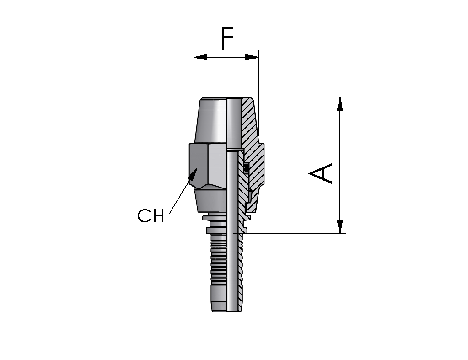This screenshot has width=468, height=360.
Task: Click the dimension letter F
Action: (227, 38)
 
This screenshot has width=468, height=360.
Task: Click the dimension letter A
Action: (320, 173)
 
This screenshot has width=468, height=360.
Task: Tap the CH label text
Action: (151, 216)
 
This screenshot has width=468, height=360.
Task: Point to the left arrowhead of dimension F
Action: (200, 57)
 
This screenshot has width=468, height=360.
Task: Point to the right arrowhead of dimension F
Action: (252, 57)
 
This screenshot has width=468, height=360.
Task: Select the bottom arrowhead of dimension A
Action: (339, 226)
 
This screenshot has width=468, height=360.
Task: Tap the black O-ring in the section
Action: (246, 170)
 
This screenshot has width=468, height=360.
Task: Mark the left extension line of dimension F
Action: (194, 92)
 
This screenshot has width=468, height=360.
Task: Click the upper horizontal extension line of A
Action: (290, 97)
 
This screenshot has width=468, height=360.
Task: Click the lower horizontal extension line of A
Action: (290, 233)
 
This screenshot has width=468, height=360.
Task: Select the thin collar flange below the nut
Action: (214, 218)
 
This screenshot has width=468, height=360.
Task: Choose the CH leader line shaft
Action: (179, 194)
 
